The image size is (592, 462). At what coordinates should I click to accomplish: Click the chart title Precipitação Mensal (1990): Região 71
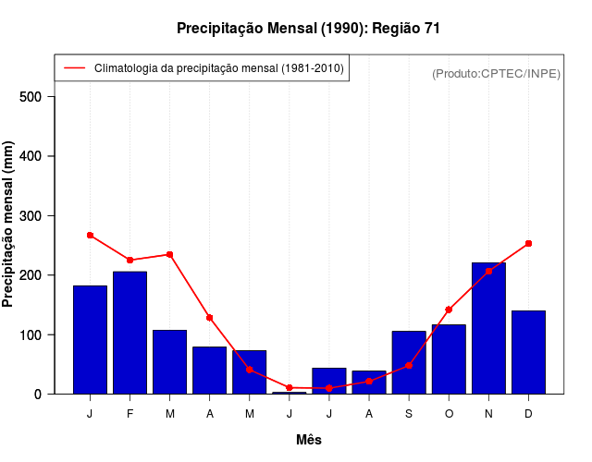click(308, 29)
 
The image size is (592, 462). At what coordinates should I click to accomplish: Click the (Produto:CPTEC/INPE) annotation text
click(496, 73)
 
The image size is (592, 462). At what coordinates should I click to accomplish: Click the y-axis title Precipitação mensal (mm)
click(9, 225)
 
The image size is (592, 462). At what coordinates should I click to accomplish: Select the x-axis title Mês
click(309, 440)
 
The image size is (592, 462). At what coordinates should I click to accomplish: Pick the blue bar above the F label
click(129, 333)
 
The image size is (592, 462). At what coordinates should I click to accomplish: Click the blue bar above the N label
click(488, 328)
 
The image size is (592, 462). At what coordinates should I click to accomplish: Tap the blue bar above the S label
click(409, 362)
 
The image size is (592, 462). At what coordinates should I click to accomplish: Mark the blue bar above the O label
click(449, 359)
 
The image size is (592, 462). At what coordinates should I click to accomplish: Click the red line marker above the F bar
click(129, 261)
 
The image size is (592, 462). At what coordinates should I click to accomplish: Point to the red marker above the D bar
click(528, 244)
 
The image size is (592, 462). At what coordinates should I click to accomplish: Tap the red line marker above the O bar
click(449, 310)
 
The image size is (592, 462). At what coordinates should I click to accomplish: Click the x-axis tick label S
click(409, 414)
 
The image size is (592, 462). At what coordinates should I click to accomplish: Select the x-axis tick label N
click(488, 414)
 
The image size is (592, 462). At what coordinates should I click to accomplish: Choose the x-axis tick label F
click(129, 414)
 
